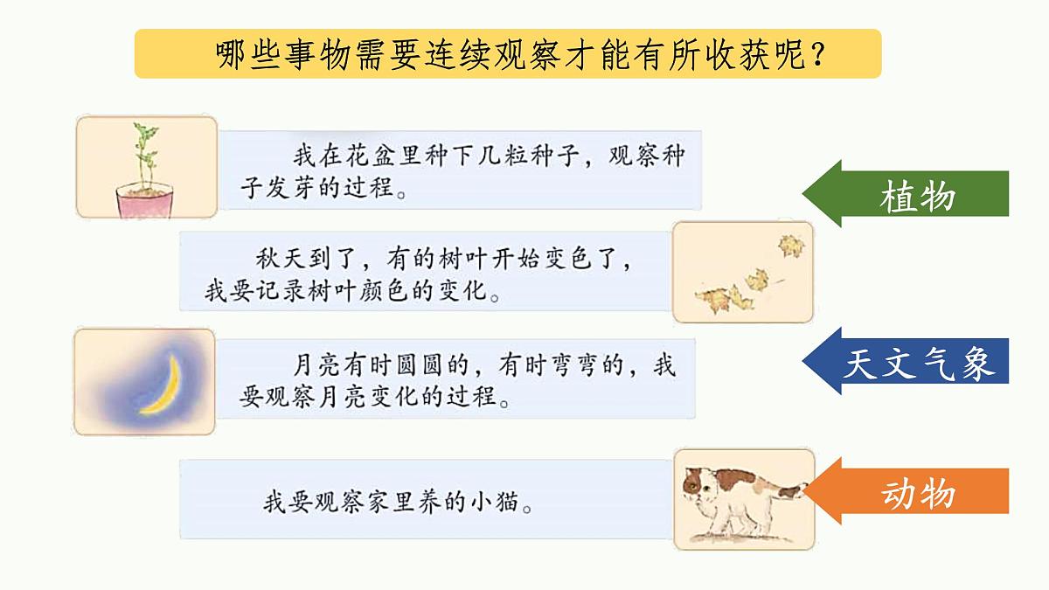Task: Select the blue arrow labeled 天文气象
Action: pyautogui.click(x=909, y=362)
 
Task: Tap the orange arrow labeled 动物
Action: pyautogui.click(x=909, y=494)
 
